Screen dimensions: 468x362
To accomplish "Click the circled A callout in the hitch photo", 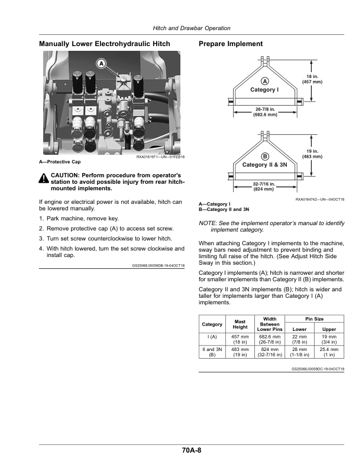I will point(101,63).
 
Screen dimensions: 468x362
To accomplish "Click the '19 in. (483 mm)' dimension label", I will point(312,154).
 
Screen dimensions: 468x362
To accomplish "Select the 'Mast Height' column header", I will point(240,324).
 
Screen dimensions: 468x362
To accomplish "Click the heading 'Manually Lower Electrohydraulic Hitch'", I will point(104,44).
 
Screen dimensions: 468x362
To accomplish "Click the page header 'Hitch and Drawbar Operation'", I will point(192,28).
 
